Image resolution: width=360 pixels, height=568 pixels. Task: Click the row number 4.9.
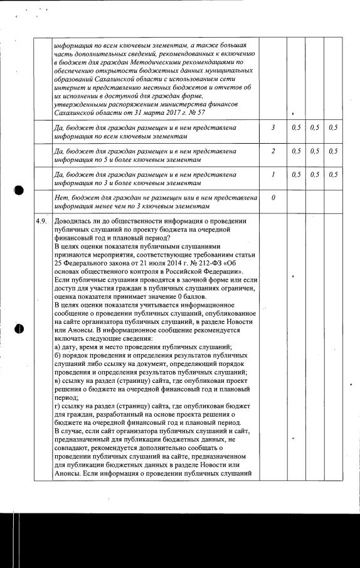(x=43, y=221)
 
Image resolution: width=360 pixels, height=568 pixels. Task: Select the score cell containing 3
(x=273, y=127)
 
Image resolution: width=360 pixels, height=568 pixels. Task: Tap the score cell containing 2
(x=273, y=151)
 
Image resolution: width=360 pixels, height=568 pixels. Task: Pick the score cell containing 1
(x=273, y=174)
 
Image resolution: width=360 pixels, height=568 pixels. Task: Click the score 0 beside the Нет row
(x=273, y=198)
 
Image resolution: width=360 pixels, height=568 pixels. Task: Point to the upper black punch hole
(x=19, y=189)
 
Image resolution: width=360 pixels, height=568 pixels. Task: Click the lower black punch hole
(x=19, y=328)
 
